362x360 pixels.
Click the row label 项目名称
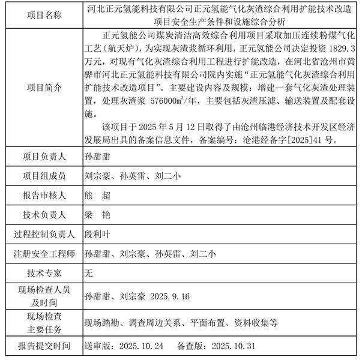[40, 14]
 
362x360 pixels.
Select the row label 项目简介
[40, 86]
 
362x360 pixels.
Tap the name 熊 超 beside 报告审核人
[98, 195]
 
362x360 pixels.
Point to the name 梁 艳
[98, 214]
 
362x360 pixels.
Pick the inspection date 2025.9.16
[171, 296]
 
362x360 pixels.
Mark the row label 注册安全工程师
[40, 254]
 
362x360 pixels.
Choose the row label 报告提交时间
[40, 346]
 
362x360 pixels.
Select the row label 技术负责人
[40, 214]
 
